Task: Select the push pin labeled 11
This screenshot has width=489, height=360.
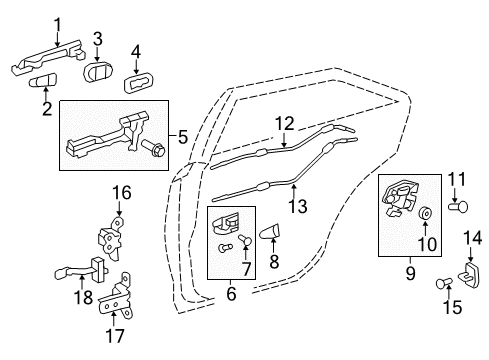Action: click(x=459, y=209)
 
